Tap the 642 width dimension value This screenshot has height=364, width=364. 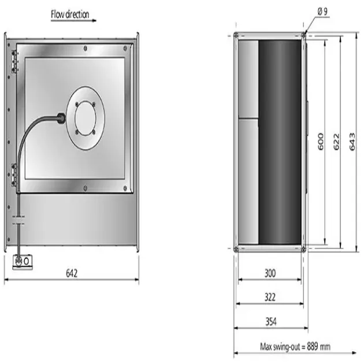click(72, 272)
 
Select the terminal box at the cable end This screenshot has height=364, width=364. click(22, 261)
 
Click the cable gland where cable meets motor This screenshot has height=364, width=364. click(61, 118)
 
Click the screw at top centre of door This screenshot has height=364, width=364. click(84, 47)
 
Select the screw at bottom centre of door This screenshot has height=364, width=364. click(84, 187)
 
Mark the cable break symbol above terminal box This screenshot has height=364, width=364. click(19, 220)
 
